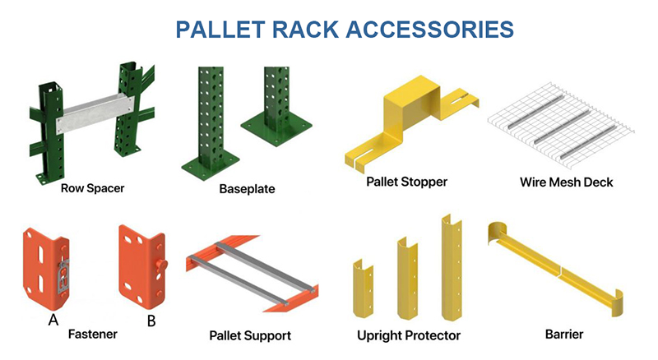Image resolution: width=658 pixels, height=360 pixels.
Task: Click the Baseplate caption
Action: pyautogui.click(x=247, y=189)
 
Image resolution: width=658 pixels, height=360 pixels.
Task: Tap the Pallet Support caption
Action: pyautogui.click(x=250, y=335)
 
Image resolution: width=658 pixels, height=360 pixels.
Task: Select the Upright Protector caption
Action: pyautogui.click(x=408, y=335)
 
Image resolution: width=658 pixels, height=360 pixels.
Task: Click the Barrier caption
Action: pyautogui.click(x=564, y=335)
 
